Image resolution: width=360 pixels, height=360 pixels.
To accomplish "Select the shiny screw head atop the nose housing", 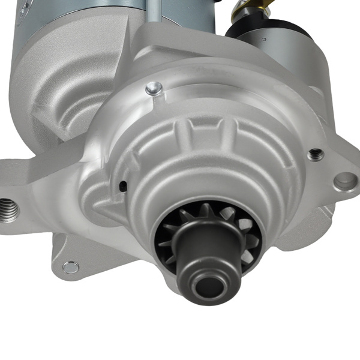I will [154, 89].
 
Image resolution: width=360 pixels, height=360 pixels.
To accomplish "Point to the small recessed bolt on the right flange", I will [315, 154].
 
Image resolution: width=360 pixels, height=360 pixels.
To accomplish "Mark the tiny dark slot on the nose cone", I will [123, 187].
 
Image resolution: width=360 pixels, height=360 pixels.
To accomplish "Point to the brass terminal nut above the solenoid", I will [243, 7].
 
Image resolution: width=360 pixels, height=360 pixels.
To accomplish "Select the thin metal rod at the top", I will [154, 12].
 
